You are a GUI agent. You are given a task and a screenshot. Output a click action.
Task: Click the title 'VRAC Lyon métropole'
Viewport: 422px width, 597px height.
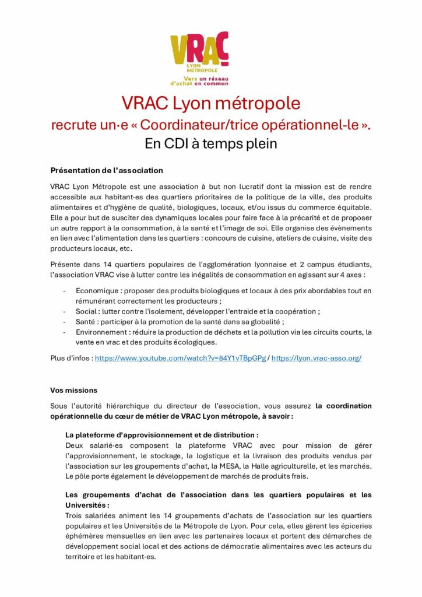[x=210, y=103]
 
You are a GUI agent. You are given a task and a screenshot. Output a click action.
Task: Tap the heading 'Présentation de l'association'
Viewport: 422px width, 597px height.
[x=107, y=171]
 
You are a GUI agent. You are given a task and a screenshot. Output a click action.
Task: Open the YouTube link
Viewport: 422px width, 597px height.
[x=180, y=357]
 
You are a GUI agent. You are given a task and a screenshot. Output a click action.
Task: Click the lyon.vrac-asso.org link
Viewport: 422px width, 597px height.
[x=316, y=357]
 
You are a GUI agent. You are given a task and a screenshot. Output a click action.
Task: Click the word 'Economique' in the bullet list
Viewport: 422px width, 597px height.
[x=96, y=290]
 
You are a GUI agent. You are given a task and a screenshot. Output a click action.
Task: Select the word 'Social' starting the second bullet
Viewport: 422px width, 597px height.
[x=87, y=311]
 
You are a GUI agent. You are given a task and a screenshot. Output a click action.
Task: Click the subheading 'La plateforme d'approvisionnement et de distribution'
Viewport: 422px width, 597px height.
[x=161, y=435]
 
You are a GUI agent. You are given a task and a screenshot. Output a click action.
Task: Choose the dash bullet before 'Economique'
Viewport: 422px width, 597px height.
[x=64, y=290]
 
